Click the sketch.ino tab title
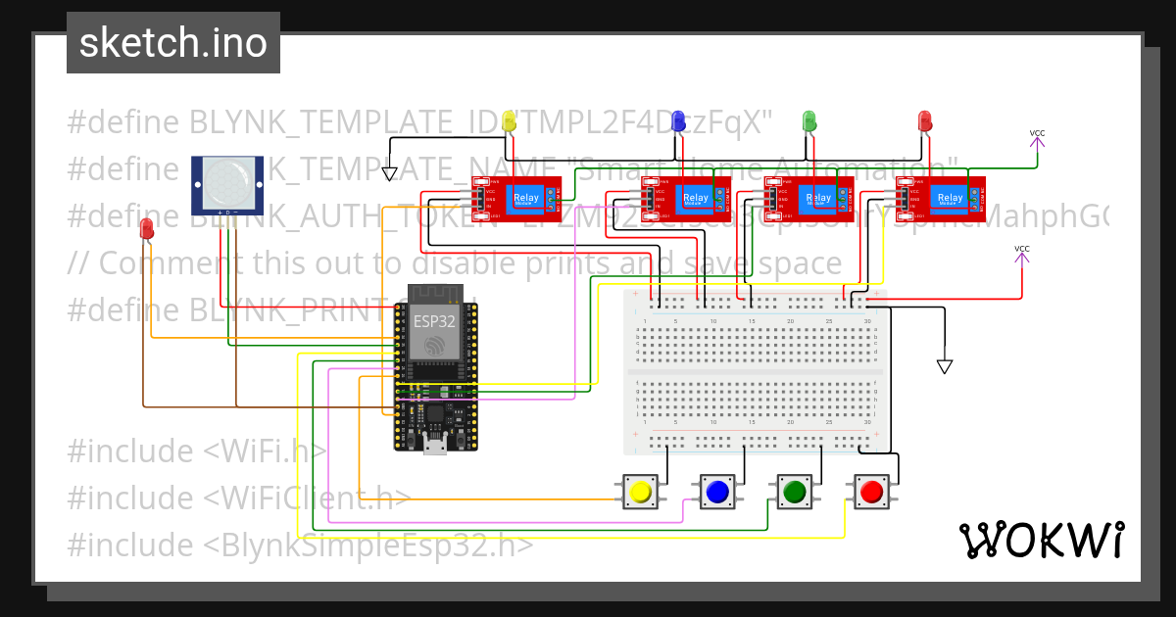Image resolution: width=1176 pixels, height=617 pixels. click(173, 43)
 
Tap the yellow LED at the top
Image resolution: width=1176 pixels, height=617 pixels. click(509, 121)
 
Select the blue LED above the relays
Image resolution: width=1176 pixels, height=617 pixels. click(677, 121)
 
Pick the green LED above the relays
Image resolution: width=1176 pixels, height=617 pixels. click(809, 120)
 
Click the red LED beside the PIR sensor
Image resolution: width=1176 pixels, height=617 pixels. click(147, 229)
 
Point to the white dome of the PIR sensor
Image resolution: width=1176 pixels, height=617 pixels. click(227, 182)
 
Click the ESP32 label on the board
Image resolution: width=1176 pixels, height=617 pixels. click(433, 320)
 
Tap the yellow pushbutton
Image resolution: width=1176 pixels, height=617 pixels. click(642, 491)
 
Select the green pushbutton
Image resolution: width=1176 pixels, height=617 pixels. click(794, 491)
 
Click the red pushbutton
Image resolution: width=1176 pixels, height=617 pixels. click(871, 491)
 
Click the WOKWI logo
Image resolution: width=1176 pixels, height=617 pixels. click(1040, 540)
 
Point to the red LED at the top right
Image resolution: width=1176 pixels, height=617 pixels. click(924, 120)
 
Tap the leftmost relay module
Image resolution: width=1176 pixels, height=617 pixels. click(515, 198)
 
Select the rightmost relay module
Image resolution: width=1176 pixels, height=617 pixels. click(940, 198)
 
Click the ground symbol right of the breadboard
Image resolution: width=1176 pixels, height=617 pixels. click(945, 366)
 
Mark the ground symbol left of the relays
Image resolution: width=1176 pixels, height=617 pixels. click(390, 174)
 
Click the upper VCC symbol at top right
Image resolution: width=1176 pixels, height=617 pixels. click(1037, 139)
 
